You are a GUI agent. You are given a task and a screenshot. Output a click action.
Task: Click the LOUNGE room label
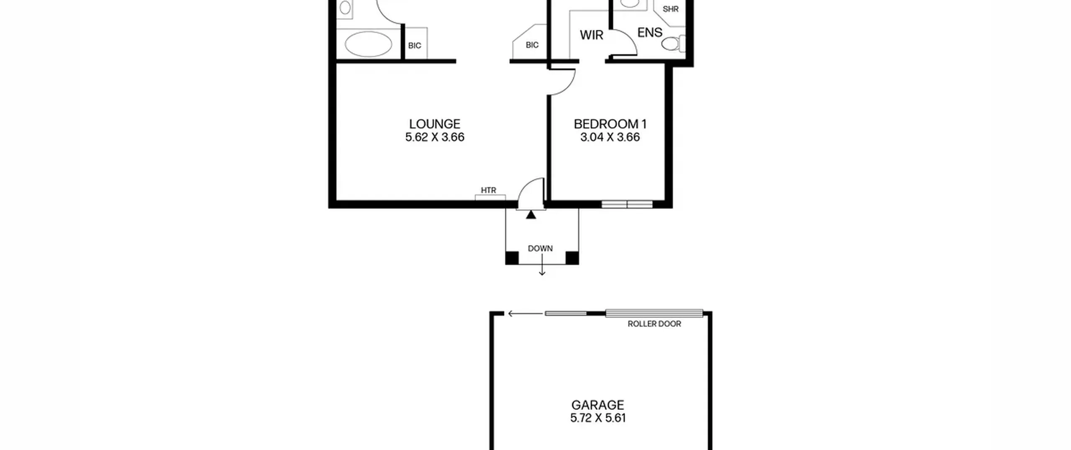coord(435,124)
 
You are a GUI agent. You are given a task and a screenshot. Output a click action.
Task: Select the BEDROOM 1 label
coord(610,124)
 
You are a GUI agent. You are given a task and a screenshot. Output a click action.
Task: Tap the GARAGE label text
coord(598,405)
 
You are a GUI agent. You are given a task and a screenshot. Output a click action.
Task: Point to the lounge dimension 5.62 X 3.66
coord(435,137)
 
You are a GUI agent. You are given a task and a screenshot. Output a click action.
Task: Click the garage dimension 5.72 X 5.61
coord(598,418)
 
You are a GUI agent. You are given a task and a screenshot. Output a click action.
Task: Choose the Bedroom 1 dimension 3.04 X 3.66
coord(610,137)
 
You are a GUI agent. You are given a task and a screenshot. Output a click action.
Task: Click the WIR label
coord(592,35)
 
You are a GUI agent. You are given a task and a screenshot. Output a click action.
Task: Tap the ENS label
coord(650,32)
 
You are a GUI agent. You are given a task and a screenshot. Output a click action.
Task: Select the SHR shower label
coord(671,9)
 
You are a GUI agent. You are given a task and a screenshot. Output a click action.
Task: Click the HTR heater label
coord(488,190)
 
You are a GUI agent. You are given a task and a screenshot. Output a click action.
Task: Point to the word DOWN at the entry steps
coord(540,248)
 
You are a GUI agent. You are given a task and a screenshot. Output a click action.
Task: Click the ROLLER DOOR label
coord(654,324)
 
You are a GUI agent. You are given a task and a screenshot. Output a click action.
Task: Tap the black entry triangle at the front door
coord(531,215)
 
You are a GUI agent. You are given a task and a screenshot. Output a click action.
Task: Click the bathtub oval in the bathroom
coord(369,44)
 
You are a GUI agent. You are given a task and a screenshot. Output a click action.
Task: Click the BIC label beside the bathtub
coord(415,45)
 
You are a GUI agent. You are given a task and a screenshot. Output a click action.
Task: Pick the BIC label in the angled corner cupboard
coord(532,45)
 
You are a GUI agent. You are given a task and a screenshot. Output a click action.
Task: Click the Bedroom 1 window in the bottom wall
coord(627,204)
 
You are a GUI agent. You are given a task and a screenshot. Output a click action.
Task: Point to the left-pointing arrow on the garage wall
coord(525,314)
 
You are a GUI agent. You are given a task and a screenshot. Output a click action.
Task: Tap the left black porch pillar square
coord(512,258)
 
